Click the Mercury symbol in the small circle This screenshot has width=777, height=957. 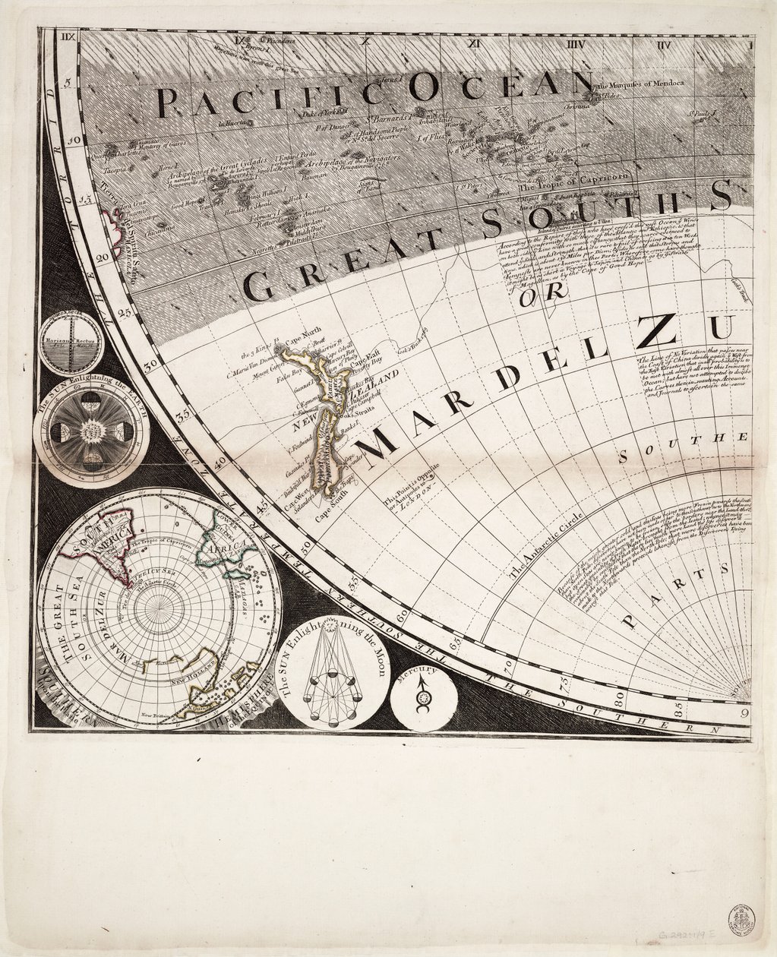424,694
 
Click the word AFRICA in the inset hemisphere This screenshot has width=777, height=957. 228,548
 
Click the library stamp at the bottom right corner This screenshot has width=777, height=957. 742,917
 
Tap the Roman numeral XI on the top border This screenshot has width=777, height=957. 476,43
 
